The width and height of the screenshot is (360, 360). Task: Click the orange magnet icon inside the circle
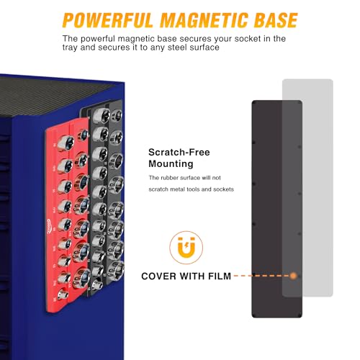[x=186, y=247]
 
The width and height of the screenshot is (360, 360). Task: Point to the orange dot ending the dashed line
[x=293, y=276]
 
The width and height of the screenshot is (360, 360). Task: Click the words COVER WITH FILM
[x=186, y=276]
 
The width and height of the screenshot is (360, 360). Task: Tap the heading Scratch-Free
[x=179, y=152]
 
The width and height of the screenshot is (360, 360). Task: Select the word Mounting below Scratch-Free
[x=171, y=164]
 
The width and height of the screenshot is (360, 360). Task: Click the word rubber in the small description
[x=169, y=178]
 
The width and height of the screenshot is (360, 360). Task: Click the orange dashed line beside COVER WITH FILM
[x=261, y=276]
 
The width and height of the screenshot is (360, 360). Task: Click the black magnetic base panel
[x=267, y=209]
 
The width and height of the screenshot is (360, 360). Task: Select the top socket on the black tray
[x=101, y=115]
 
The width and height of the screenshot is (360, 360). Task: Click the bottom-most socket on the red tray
[x=63, y=293]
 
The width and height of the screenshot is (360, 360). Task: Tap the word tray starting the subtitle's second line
[x=70, y=48]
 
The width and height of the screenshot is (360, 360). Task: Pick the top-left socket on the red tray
[x=66, y=143]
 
